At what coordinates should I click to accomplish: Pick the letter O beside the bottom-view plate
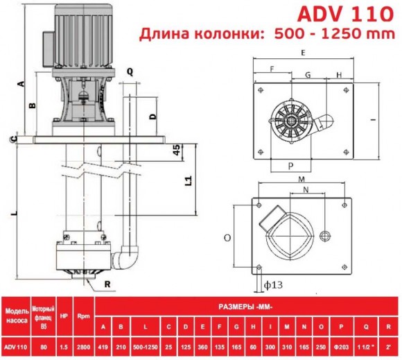pos(227,238)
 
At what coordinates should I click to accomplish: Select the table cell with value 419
pos(103,346)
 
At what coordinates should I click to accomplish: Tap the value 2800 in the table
pos(83,346)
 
